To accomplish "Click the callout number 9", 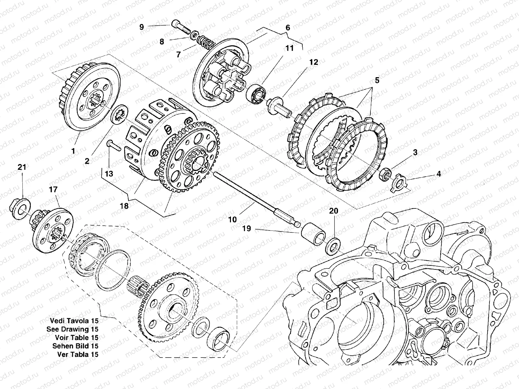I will pos(141,27).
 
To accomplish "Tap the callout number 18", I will pos(124,206).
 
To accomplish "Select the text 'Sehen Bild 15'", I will pos(75,346).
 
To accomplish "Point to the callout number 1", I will pos(73,151).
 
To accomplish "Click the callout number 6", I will pos(287,28).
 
